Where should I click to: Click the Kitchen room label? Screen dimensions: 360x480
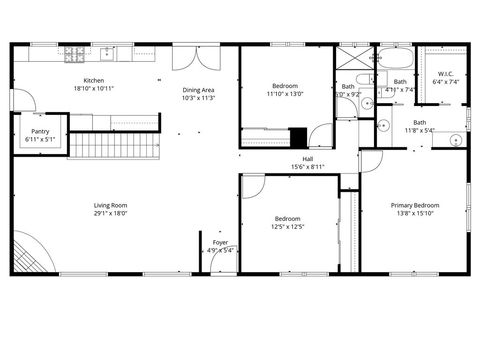(94, 81)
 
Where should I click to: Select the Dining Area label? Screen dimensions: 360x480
(198, 90)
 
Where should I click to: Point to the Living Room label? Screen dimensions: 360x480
(110, 206)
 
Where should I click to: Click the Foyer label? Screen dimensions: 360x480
(219, 242)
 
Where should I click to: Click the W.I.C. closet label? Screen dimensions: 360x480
(446, 74)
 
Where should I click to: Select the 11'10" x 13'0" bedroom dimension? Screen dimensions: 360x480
(285, 94)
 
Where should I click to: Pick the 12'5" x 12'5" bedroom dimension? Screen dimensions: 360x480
(288, 226)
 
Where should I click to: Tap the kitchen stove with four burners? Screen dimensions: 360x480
(75, 56)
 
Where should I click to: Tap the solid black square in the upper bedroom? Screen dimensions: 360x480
(298, 137)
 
